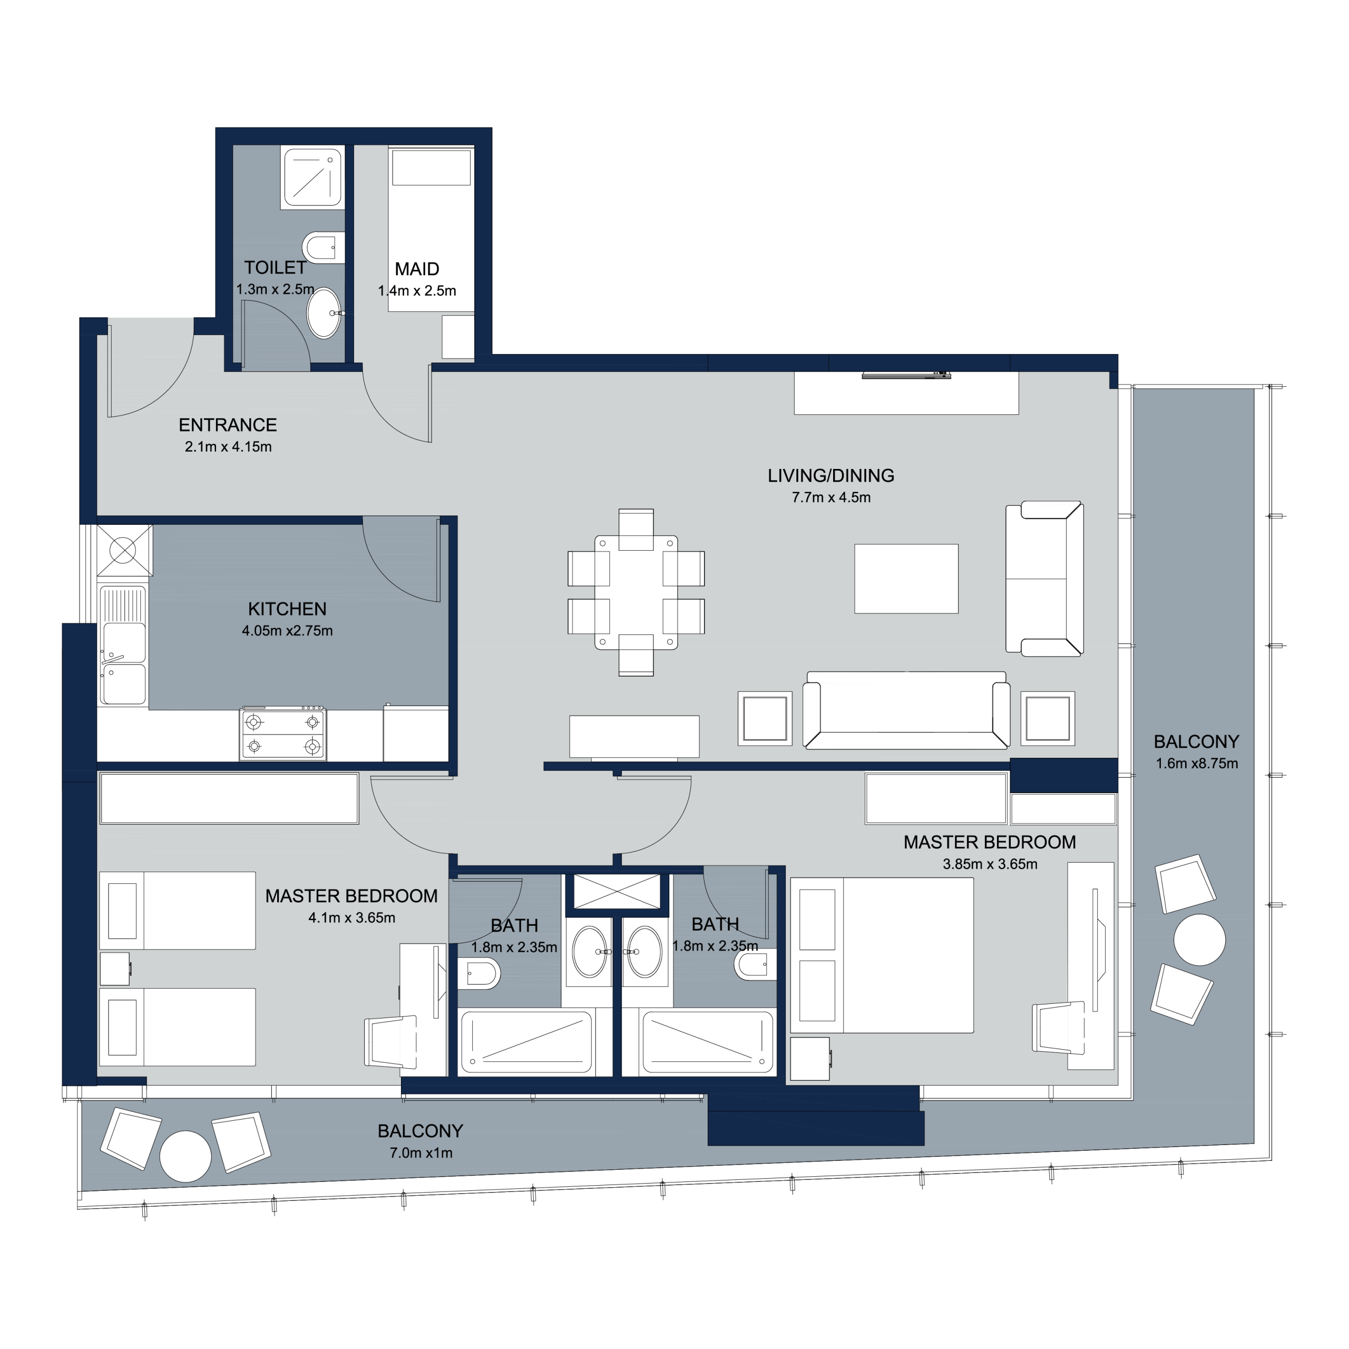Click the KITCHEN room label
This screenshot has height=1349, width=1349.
[287, 609]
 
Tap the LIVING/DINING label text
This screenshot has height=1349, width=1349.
[831, 475]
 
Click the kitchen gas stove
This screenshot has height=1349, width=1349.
[283, 734]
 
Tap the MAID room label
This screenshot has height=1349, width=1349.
[417, 269]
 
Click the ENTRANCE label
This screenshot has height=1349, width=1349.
[228, 425]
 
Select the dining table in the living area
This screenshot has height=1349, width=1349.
[636, 593]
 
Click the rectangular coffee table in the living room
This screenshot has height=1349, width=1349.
[906, 579]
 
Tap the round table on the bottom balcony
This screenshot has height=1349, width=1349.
[185, 1156]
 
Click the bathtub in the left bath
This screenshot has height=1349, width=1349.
[526, 1042]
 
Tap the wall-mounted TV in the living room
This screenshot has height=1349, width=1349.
[906, 376]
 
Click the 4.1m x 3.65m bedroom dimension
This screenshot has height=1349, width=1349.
[352, 918]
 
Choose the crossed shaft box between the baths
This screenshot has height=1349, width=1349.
[617, 891]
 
